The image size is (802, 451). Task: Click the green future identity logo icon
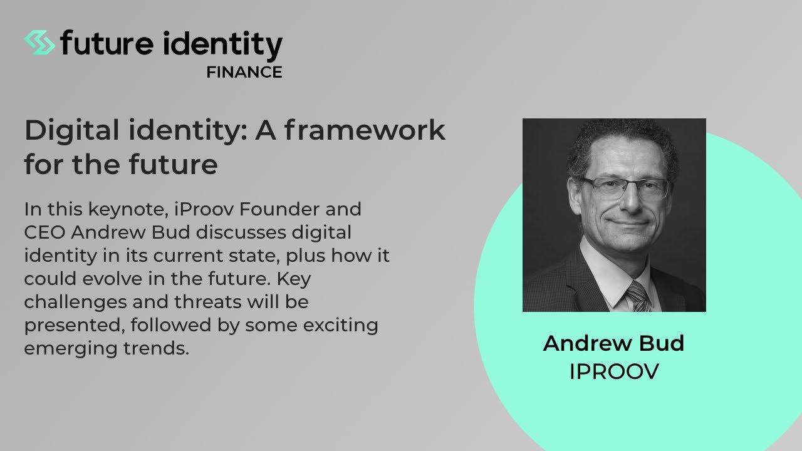pos(39,43)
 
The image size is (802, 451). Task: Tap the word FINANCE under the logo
pos(244,73)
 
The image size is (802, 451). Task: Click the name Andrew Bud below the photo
pos(613,343)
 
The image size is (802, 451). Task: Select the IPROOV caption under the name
pos(613,371)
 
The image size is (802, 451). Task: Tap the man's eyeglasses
pos(623,187)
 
